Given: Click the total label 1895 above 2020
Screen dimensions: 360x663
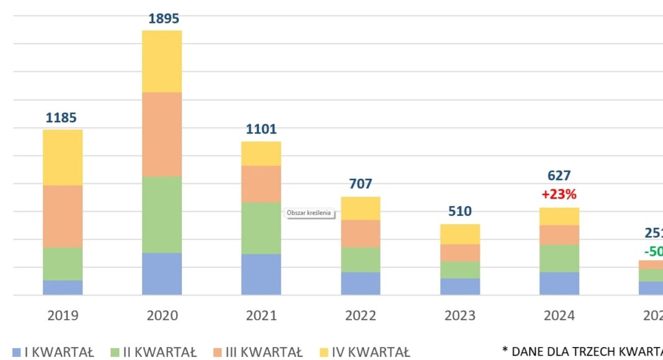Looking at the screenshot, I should (x=163, y=19).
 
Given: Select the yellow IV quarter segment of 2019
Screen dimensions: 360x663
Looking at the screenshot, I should (x=63, y=157).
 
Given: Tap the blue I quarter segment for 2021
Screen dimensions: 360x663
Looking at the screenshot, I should (x=261, y=274).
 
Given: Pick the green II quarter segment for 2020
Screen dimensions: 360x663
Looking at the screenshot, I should (x=162, y=214).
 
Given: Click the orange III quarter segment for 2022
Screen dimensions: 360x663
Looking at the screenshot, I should (x=361, y=233).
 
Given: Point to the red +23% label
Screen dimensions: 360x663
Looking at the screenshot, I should (x=559, y=194).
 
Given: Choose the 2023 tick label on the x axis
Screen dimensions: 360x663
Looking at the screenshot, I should (x=460, y=315).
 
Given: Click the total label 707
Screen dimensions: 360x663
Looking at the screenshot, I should (x=361, y=184).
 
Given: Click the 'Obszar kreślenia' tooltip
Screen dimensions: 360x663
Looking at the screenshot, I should (x=309, y=213).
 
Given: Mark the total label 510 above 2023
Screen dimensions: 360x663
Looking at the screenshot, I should (x=460, y=211).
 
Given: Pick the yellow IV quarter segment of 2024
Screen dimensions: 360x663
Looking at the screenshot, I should (x=559, y=216).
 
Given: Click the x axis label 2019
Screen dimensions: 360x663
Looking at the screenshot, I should (x=63, y=315).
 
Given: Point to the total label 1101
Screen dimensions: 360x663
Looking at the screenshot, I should (x=261, y=129).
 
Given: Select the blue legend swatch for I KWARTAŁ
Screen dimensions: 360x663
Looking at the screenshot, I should (x=17, y=353).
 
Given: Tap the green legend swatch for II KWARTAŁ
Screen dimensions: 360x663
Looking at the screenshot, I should (x=115, y=353).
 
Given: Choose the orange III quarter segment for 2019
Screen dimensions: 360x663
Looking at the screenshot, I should (x=63, y=216).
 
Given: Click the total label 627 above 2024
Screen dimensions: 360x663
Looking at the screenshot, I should (x=559, y=176).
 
